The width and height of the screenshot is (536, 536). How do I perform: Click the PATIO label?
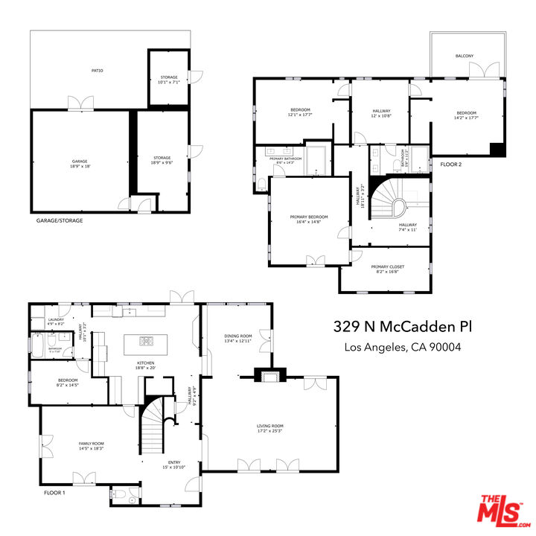98,71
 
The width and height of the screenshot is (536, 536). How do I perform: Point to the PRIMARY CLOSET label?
386,269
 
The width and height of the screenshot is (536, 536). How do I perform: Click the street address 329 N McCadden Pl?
402,328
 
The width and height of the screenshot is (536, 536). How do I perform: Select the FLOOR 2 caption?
452,165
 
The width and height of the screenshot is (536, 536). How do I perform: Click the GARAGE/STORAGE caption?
60,221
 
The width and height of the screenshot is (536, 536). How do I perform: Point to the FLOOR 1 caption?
54,493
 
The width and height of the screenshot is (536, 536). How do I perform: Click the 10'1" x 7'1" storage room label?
169,80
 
